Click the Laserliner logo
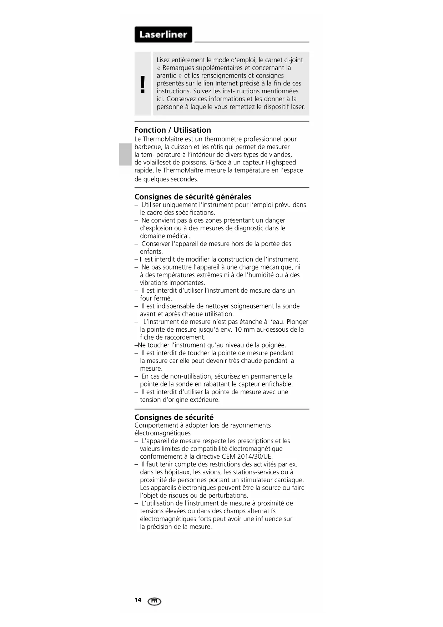pos(163,35)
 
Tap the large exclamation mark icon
pos(143,84)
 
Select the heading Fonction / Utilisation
pos(173,130)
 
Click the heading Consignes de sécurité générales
pos(193,197)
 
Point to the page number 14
pos(138,599)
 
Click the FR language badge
pos(154,601)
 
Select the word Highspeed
pos(281,163)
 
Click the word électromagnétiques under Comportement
pos(162,433)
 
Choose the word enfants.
pos(151,252)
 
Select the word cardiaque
pos(289,480)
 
